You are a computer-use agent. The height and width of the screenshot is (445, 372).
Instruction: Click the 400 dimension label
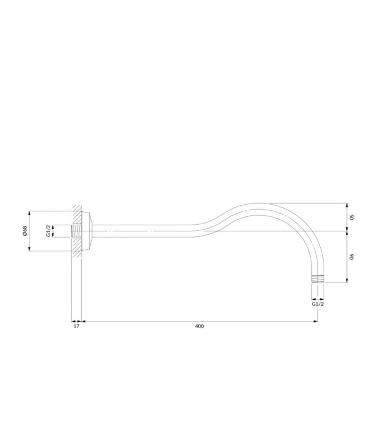(x=199, y=326)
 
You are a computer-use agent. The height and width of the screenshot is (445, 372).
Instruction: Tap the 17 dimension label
(x=76, y=326)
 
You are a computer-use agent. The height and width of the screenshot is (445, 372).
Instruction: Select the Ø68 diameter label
(x=25, y=231)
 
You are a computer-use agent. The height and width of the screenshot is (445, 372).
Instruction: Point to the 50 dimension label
(x=351, y=217)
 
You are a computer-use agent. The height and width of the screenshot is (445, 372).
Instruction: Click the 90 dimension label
(x=351, y=257)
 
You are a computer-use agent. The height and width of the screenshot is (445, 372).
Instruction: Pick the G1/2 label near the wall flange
(x=48, y=231)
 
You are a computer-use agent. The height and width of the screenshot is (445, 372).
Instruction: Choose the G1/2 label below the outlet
(x=318, y=304)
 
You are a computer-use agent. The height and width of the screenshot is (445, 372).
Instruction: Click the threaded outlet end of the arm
(x=318, y=279)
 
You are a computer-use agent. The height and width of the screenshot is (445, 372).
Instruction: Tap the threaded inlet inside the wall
(x=76, y=231)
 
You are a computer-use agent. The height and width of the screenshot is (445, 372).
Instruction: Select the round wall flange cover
(x=87, y=231)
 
